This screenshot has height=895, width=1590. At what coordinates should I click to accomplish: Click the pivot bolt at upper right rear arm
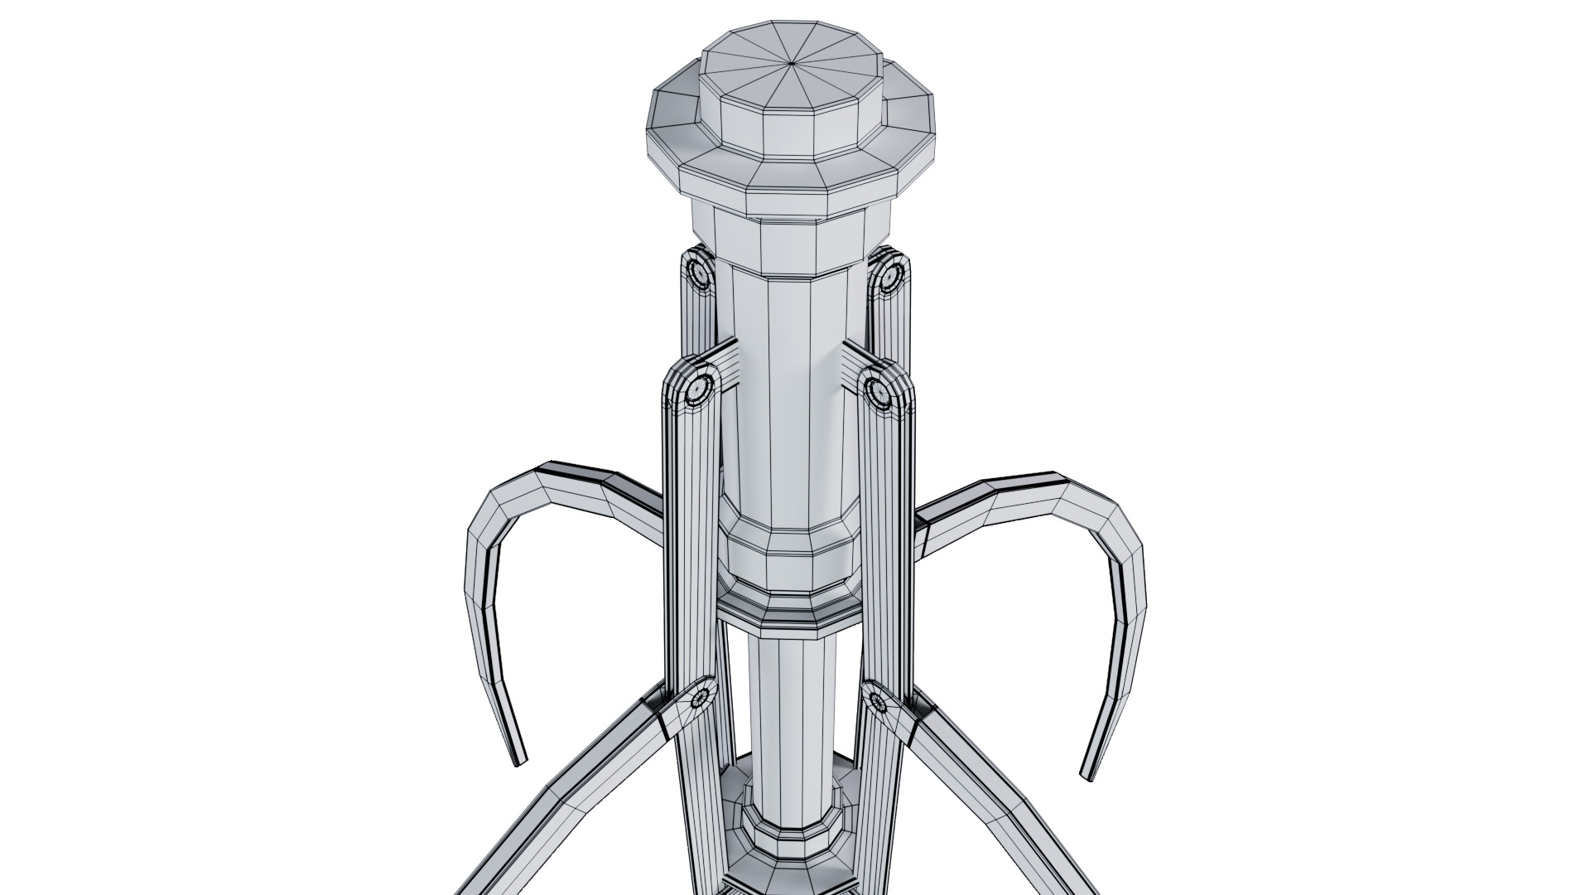click(x=889, y=272)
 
